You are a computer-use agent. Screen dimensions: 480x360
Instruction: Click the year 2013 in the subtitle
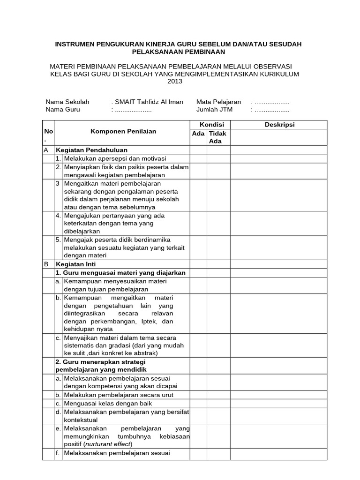pyautogui.click(x=175, y=82)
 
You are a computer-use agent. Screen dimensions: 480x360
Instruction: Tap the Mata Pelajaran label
pyautogui.click(x=218, y=102)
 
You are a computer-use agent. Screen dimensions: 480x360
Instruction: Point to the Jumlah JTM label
pyautogui.click(x=214, y=110)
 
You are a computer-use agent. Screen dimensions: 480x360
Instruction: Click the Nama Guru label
pyautogui.click(x=63, y=110)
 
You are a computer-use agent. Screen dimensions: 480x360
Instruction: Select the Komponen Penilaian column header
pyautogui.click(x=123, y=132)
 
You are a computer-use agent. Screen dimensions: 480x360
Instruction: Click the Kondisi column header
pyautogui.click(x=212, y=124)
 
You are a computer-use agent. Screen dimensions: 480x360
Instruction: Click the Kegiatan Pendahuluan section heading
pyautogui.click(x=88, y=150)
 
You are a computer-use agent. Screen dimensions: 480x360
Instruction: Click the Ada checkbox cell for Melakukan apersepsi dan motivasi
pyautogui.click(x=199, y=158)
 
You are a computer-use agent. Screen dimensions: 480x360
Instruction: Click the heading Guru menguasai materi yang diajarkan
pyautogui.click(x=120, y=273)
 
